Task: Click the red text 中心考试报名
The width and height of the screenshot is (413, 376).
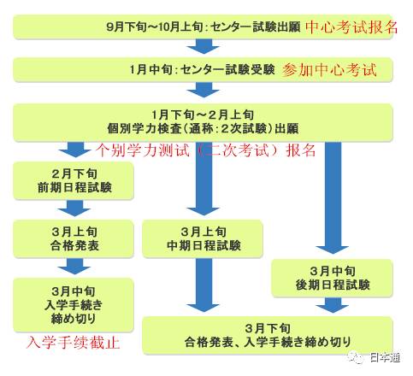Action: [351, 27]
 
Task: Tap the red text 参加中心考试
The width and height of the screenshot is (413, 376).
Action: [329, 70]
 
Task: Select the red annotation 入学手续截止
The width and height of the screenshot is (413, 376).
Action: [73, 343]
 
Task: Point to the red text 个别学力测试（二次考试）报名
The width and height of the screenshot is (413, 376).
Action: [205, 150]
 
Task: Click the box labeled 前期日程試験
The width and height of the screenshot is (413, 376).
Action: [74, 181]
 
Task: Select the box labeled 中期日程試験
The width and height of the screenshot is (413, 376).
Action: [203, 239]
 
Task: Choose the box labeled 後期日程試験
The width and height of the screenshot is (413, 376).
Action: [332, 278]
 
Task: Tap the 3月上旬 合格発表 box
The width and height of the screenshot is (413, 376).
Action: [74, 239]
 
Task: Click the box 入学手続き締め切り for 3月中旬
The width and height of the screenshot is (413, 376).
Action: [74, 305]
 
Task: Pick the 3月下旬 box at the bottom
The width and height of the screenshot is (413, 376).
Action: [268, 336]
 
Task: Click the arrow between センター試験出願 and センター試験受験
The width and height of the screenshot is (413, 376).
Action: [204, 46]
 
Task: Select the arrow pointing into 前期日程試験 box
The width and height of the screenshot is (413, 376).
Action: [74, 150]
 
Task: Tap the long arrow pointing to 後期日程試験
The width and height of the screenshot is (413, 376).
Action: [333, 197]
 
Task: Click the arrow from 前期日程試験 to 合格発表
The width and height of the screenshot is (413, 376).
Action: [74, 209]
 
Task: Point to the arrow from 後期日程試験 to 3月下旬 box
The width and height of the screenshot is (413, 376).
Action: [333, 305]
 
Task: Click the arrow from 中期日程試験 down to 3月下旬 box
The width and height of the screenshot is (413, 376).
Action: [204, 285]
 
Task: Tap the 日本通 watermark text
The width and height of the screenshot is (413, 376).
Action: [385, 357]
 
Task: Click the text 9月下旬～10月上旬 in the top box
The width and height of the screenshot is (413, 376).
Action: [155, 27]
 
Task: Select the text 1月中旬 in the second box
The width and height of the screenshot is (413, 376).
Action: [150, 69]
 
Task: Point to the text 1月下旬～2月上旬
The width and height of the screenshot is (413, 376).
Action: [203, 115]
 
